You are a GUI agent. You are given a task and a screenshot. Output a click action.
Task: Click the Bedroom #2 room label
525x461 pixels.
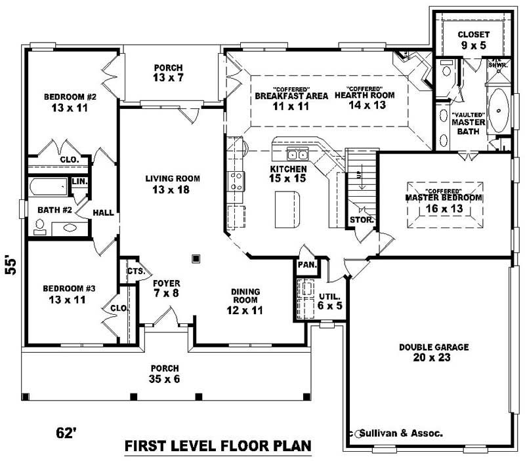pyautogui.click(x=70, y=102)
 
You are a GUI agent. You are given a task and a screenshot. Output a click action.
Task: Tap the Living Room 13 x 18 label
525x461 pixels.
pyautogui.click(x=173, y=184)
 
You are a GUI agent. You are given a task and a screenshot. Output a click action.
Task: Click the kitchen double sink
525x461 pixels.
pyautogui.click(x=298, y=155)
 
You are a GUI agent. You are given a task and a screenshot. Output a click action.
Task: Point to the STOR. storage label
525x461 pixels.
pyautogui.click(x=362, y=220)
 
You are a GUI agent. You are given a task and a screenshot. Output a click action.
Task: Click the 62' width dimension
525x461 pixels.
pyautogui.click(x=67, y=433)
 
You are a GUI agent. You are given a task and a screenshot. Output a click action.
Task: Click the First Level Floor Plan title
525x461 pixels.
pyautogui.click(x=217, y=447)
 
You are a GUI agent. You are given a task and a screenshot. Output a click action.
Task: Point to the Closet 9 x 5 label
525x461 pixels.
pyautogui.click(x=473, y=39)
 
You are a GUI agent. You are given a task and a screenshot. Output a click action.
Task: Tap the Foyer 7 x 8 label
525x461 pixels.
pyautogui.click(x=166, y=289)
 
